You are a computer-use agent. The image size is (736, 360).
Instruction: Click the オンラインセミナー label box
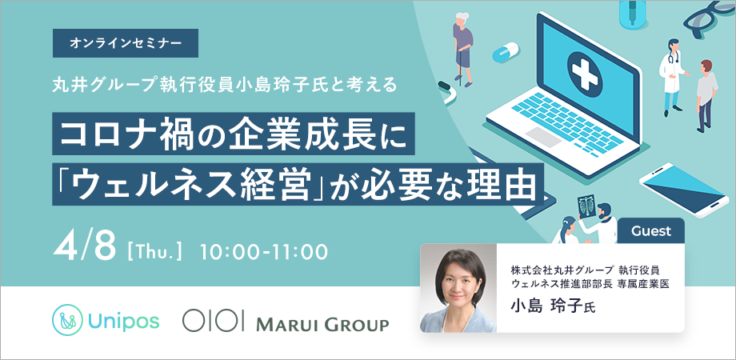[126, 43]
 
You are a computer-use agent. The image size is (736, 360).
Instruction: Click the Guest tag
[651, 231]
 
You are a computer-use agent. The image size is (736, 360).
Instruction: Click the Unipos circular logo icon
[67, 320]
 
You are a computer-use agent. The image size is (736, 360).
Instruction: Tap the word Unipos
[123, 321]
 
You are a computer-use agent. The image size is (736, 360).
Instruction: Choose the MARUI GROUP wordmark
[322, 324]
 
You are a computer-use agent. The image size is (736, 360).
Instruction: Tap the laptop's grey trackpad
[543, 138]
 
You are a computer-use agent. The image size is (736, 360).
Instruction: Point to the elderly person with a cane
[462, 48]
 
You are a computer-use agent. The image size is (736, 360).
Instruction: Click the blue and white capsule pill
[505, 52]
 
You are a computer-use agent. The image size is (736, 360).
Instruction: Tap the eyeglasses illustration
[709, 18]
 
